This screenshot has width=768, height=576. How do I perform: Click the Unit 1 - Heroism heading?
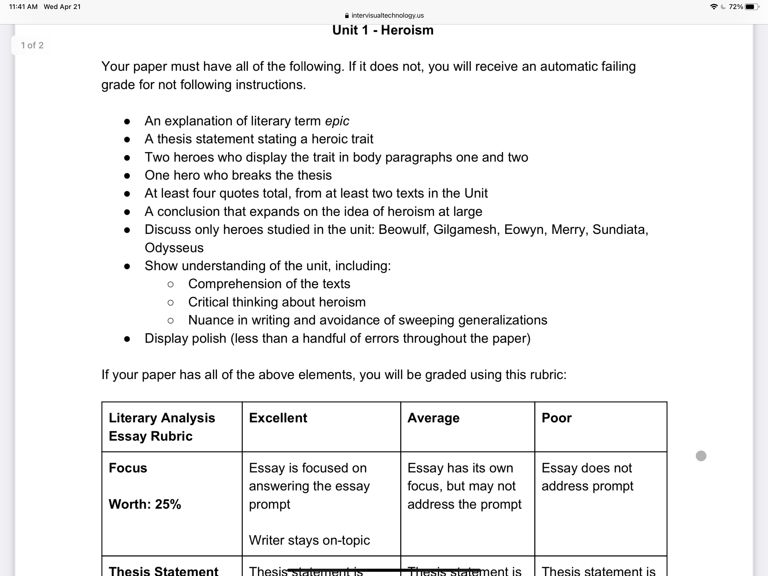pyautogui.click(x=383, y=30)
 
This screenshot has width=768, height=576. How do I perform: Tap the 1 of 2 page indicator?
pyautogui.click(x=32, y=46)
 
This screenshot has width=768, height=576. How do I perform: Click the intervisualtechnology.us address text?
pyautogui.click(x=387, y=15)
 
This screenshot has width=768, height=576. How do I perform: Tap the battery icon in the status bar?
pyautogui.click(x=752, y=6)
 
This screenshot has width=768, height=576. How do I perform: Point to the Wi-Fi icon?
pyautogui.click(x=713, y=6)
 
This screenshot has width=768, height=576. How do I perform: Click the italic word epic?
pyautogui.click(x=337, y=121)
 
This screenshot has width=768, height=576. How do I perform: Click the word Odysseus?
pyautogui.click(x=174, y=248)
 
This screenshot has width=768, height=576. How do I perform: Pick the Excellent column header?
pyautogui.click(x=278, y=418)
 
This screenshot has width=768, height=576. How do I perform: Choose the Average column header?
pyautogui.click(x=433, y=418)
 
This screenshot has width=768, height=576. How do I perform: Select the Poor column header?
pyautogui.click(x=556, y=418)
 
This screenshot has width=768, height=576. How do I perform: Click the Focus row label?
pyautogui.click(x=128, y=468)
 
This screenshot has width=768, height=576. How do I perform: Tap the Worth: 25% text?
pyautogui.click(x=145, y=504)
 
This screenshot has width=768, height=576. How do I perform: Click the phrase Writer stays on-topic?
pyautogui.click(x=309, y=540)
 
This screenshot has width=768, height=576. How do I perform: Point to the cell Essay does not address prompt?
pyautogui.click(x=587, y=477)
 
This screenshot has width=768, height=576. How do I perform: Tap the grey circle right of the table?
pyautogui.click(x=701, y=456)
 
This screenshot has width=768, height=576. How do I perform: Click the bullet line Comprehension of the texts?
pyautogui.click(x=269, y=284)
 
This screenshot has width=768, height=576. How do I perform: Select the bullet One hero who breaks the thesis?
pyautogui.click(x=238, y=175)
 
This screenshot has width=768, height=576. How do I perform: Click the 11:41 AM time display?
pyautogui.click(x=23, y=6)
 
